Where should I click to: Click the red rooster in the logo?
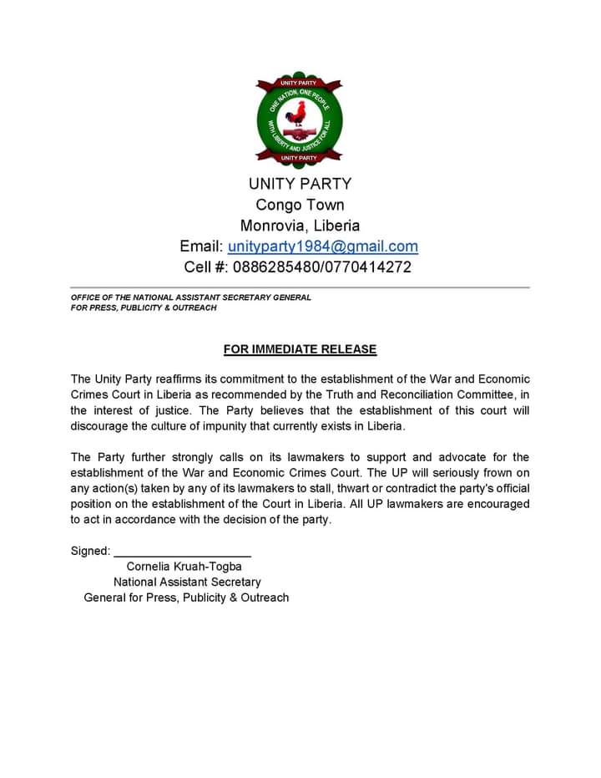click(x=299, y=114)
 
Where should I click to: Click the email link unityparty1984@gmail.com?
click(x=322, y=247)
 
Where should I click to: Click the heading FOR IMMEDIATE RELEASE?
click(x=300, y=349)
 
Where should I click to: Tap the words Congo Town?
click(x=300, y=205)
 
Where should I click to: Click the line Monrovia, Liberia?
click(x=300, y=226)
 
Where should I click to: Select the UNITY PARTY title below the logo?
click(x=300, y=184)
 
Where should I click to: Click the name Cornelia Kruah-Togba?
click(x=184, y=567)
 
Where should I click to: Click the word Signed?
click(x=90, y=551)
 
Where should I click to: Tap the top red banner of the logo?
click(x=299, y=84)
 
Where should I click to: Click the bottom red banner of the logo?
click(x=299, y=157)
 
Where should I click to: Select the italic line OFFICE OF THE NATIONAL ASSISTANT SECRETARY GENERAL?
click(x=190, y=297)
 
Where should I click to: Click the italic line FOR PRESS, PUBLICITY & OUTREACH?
click(x=144, y=308)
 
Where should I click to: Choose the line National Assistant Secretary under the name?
click(x=187, y=582)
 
